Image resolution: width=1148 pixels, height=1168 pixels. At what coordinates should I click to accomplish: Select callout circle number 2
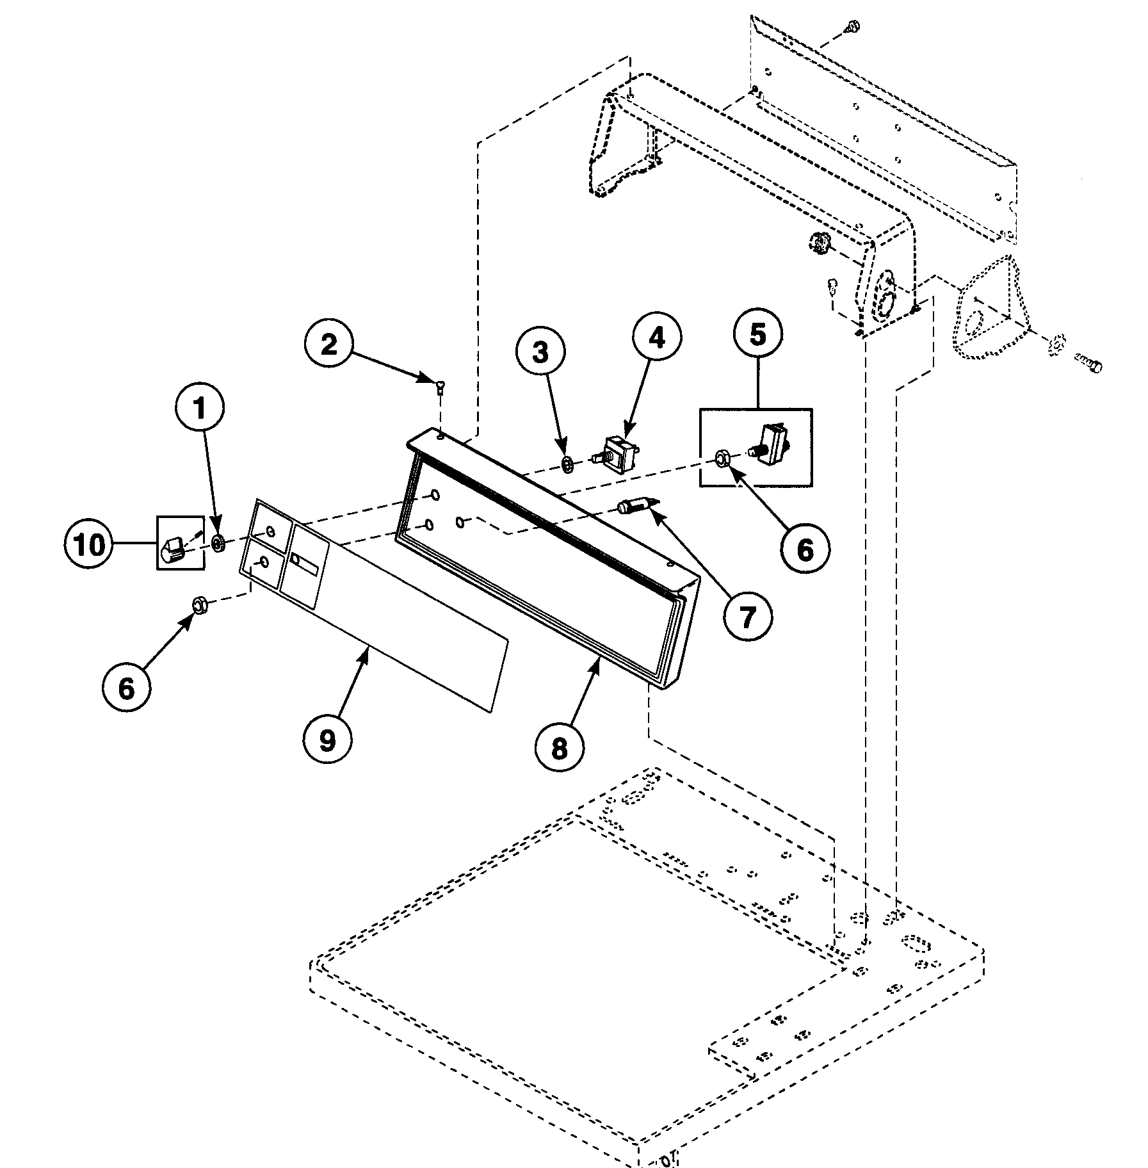click(x=328, y=346)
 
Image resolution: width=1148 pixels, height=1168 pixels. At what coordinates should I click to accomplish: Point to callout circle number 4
click(x=657, y=337)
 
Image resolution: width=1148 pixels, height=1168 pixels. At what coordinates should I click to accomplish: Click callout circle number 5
click(x=757, y=335)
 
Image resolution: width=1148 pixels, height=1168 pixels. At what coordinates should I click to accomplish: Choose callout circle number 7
click(x=747, y=615)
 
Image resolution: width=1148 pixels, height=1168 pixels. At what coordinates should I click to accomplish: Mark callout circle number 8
click(x=559, y=747)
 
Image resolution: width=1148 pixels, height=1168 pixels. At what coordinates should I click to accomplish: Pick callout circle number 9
click(x=327, y=740)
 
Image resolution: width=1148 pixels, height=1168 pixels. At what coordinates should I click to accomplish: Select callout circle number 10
click(x=89, y=545)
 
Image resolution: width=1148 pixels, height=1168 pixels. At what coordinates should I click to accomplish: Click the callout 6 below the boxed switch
click(x=805, y=549)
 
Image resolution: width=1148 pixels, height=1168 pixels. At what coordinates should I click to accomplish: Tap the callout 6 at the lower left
click(x=127, y=688)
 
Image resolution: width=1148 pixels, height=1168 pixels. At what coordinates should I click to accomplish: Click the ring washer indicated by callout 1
click(x=218, y=544)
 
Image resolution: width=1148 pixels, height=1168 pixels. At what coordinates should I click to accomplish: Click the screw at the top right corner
click(x=850, y=27)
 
